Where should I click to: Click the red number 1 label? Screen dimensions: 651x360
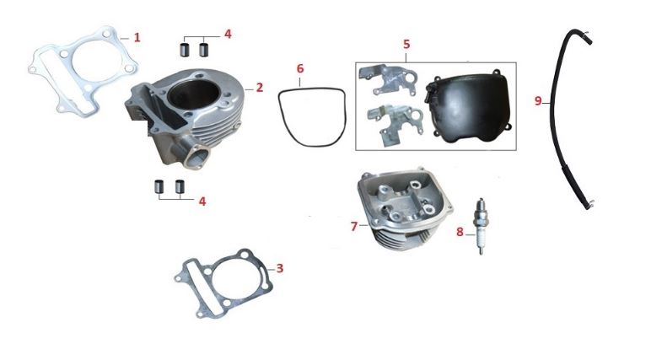(x=137, y=38)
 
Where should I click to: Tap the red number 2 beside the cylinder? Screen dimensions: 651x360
(x=260, y=88)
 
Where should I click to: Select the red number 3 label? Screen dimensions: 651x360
(x=280, y=268)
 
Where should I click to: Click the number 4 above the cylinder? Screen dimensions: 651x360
(x=228, y=34)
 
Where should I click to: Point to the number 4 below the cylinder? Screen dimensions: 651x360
(x=202, y=201)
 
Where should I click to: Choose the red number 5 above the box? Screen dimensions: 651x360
(x=406, y=44)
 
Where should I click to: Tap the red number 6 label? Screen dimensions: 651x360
(x=300, y=68)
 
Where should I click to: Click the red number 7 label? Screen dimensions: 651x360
(x=353, y=226)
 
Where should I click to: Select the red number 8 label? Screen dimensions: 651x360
(x=460, y=232)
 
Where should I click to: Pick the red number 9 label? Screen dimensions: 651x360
(x=538, y=101)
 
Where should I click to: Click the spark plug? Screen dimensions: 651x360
(x=482, y=226)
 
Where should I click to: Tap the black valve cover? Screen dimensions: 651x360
(x=468, y=107)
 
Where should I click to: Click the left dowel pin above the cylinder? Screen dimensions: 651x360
(x=184, y=49)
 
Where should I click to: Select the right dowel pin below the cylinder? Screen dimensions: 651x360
(x=180, y=187)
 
